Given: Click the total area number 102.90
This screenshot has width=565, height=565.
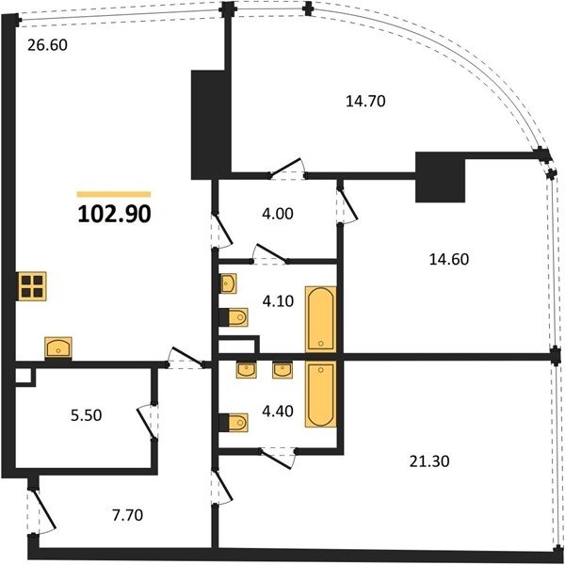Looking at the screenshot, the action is [114, 215].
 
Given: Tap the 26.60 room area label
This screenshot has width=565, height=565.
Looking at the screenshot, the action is [48, 45].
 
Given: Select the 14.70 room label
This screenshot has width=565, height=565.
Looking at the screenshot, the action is [365, 101].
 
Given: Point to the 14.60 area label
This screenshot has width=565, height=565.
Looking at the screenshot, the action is [449, 259].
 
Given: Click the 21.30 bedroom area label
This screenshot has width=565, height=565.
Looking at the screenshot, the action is [429, 461].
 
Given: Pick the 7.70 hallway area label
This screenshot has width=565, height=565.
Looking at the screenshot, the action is [127, 515].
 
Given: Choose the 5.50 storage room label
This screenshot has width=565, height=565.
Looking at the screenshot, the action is [86, 415].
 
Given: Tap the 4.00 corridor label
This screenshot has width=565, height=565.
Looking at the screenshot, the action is [278, 214].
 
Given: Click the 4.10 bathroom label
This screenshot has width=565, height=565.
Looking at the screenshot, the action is [278, 301].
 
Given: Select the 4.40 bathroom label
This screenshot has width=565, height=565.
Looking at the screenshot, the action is [278, 411].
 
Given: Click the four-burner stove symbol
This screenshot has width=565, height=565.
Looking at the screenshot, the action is [32, 285].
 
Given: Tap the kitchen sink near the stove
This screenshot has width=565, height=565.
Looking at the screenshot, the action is [58, 347].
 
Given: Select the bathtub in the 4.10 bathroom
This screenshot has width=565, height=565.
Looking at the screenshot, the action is [321, 319].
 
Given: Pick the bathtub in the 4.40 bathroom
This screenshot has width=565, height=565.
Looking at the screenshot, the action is [321, 395].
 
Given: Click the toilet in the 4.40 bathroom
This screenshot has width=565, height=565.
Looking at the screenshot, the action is [234, 422].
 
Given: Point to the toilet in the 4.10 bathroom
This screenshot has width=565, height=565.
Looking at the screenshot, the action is [234, 317].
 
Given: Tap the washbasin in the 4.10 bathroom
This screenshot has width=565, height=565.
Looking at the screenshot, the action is [228, 283].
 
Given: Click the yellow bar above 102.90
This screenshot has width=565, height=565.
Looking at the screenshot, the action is [114, 195].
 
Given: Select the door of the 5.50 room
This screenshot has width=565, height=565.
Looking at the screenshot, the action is [148, 422].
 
